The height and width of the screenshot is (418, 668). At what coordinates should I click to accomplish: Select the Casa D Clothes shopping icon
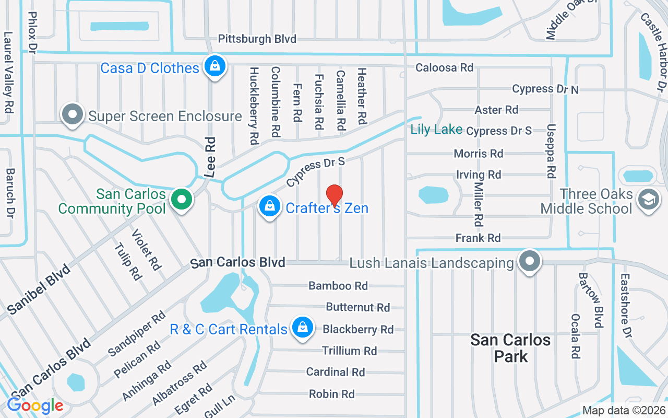tap(214, 66)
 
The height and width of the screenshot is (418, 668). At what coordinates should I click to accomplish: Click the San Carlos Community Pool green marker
tap(181, 200)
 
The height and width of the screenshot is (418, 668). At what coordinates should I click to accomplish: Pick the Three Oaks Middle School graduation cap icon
tap(648, 200)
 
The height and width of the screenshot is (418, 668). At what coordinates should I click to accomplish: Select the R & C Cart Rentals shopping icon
tap(302, 328)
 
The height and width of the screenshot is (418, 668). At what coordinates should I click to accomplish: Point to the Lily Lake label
tap(436, 129)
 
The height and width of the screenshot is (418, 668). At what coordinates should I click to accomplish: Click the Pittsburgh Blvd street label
tap(257, 39)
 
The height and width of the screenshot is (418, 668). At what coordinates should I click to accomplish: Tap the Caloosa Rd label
tap(444, 67)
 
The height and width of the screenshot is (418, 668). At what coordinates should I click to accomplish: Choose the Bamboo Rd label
tap(338, 286)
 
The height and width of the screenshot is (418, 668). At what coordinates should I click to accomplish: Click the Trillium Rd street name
tap(349, 351)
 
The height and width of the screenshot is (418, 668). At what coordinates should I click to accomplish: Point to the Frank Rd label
tap(478, 238)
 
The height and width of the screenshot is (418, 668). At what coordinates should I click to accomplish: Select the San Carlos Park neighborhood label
tap(510, 348)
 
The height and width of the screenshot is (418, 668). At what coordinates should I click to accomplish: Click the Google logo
tap(35, 405)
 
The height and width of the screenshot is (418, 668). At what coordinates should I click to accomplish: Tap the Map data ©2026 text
tap(624, 410)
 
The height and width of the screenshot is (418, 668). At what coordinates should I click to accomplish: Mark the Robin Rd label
tap(331, 394)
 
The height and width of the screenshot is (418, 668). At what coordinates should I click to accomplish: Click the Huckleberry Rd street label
tap(254, 106)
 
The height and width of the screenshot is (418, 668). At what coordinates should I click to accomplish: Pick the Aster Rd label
tap(496, 110)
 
